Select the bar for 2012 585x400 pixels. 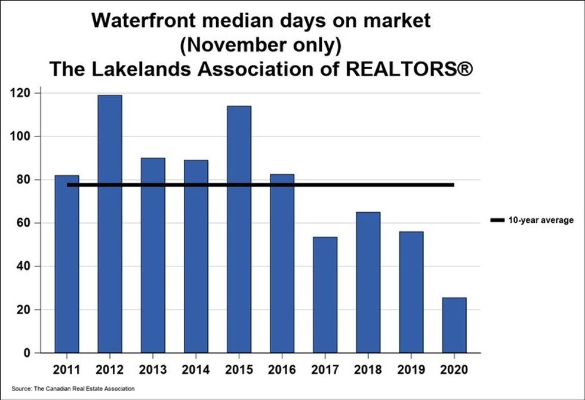(x=109, y=224)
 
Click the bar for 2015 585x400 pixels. (x=239, y=230)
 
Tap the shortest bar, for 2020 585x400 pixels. (x=454, y=325)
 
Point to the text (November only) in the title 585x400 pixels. (x=261, y=45)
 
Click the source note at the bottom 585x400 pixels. (x=73, y=389)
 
